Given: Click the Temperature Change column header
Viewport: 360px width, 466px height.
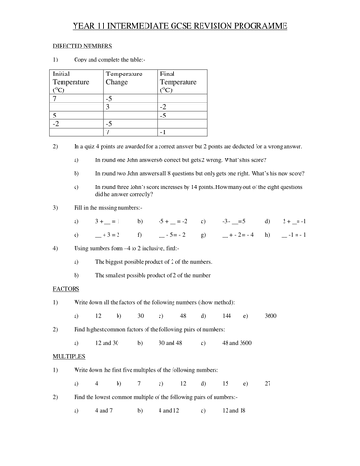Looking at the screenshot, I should point(124,77).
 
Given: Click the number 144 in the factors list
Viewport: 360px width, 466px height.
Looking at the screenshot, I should point(227,316).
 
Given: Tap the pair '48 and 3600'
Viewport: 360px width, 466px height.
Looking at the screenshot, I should point(237,343).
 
